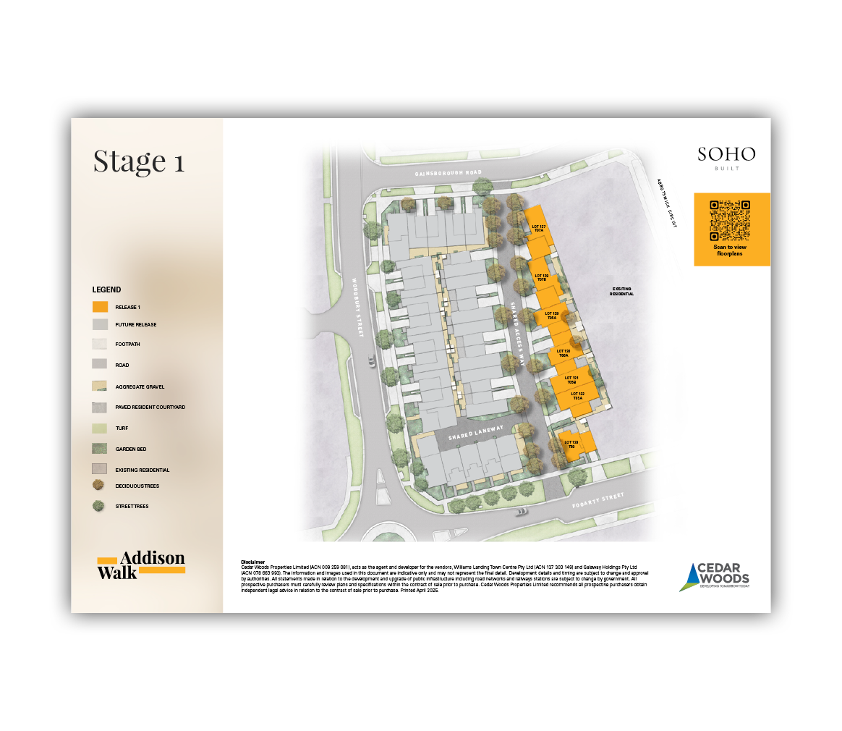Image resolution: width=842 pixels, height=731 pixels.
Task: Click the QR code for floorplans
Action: pyautogui.click(x=730, y=220)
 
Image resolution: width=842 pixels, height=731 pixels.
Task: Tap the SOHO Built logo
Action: pyautogui.click(x=726, y=157)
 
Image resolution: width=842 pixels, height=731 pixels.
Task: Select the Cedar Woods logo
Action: pyautogui.click(x=715, y=576)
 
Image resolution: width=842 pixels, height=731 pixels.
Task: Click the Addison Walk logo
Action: pyautogui.click(x=141, y=565)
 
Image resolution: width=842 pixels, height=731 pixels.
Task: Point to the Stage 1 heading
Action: pyautogui.click(x=139, y=161)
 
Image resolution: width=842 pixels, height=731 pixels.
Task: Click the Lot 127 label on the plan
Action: pyautogui.click(x=538, y=228)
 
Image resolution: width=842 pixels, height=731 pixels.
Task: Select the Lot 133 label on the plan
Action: pyautogui.click(x=571, y=444)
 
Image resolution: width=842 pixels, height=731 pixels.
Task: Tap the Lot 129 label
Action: pyautogui.click(x=550, y=315)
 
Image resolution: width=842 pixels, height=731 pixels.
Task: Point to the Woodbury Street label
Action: pyautogui.click(x=355, y=307)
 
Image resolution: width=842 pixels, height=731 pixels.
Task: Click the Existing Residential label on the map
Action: pyautogui.click(x=621, y=291)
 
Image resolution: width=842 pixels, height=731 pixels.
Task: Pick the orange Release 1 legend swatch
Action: pyautogui.click(x=100, y=307)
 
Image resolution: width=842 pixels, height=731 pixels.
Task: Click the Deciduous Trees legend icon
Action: pyautogui.click(x=100, y=486)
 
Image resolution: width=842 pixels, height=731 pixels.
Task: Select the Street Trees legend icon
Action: pyautogui.click(x=100, y=506)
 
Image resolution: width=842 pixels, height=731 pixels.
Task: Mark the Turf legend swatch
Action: pyautogui.click(x=100, y=428)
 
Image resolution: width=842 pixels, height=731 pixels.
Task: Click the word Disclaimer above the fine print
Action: pyautogui.click(x=253, y=562)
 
